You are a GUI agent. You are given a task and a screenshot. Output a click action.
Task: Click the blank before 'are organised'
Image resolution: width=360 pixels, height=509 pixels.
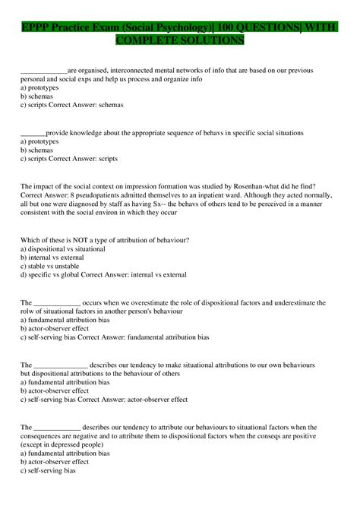[44, 71]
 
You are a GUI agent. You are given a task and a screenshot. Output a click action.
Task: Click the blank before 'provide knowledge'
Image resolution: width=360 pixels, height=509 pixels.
[33, 133]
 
